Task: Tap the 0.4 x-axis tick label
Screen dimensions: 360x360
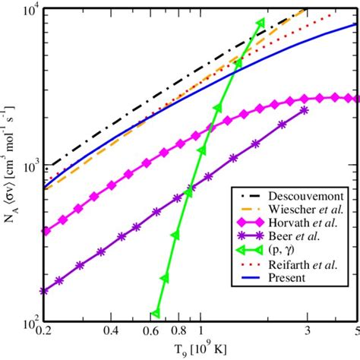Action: (117, 332)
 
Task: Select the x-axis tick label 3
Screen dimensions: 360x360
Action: (306, 332)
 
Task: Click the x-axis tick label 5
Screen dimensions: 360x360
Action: (355, 332)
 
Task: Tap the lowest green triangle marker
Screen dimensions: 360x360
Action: (156, 314)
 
